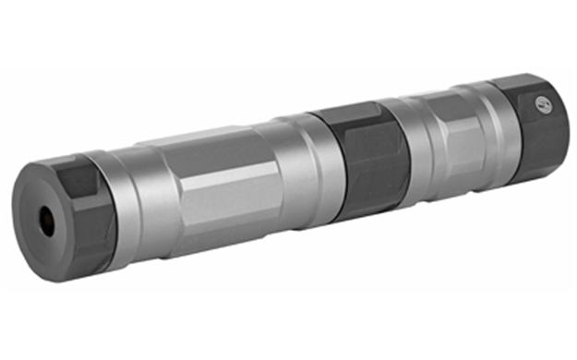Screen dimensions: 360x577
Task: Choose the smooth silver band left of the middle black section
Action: point(303,166)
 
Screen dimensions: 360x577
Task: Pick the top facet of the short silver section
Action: point(443,102)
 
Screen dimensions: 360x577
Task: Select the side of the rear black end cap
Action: point(531,138)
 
